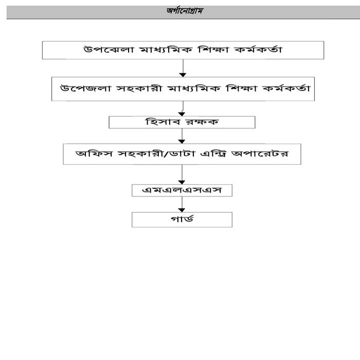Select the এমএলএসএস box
(182, 190)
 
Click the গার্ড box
(182, 219)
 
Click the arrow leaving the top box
(182, 68)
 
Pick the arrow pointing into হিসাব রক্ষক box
(182, 108)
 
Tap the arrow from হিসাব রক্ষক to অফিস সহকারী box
(182, 136)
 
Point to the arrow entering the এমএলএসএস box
(182, 174)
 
